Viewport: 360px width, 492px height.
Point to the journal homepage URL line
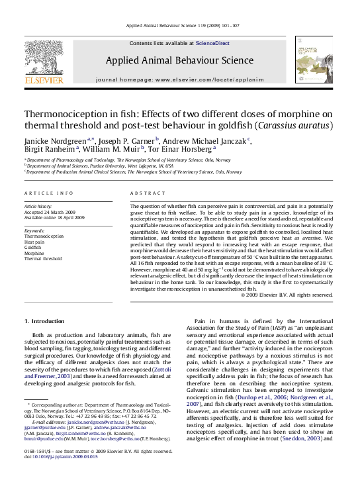[x=179, y=78]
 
